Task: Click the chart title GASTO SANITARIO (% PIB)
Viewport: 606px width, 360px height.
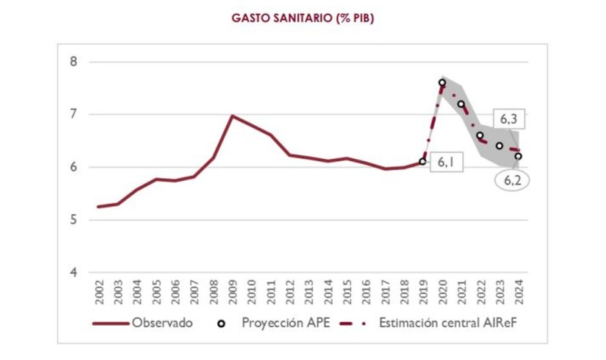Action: pos(302,19)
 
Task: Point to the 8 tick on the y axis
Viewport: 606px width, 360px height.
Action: pos(73,62)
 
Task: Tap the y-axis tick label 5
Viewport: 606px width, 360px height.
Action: pos(73,220)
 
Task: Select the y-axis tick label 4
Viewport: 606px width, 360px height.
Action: pos(73,272)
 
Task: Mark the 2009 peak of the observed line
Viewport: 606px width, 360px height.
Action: pos(232,116)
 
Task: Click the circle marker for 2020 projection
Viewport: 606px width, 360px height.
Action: pos(442,83)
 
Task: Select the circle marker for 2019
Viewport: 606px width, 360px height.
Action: pos(423,161)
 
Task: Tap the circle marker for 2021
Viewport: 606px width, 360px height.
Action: pos(461,104)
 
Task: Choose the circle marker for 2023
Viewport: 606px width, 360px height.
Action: pos(499,146)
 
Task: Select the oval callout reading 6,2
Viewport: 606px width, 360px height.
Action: pos(512,181)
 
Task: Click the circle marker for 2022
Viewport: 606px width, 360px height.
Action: pos(480,135)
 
